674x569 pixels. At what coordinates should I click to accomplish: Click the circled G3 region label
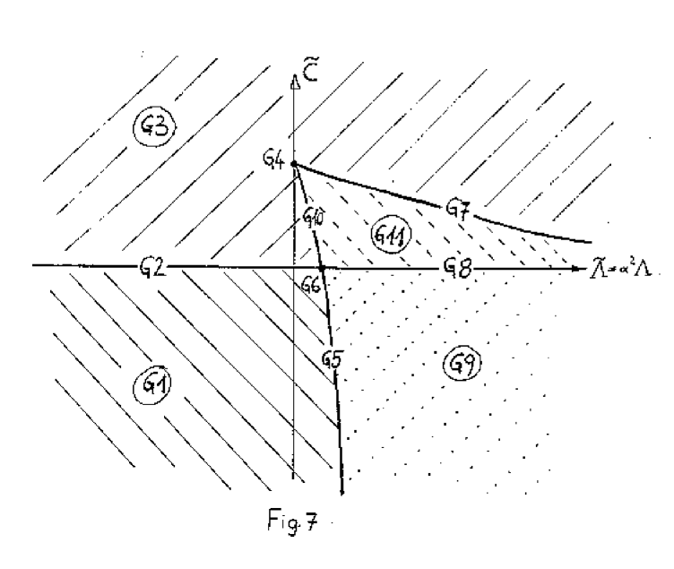coord(154,125)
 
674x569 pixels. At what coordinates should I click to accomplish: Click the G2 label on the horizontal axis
coord(151,267)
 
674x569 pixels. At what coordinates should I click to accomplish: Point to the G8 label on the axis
coord(456,267)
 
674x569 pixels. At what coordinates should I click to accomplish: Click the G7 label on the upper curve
coord(459,208)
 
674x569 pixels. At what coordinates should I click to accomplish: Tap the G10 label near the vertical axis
coord(313,216)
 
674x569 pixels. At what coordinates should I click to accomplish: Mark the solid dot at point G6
coord(322,268)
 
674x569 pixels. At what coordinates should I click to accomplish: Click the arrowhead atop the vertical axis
coord(295,81)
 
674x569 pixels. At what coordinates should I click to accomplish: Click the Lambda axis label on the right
coord(621,268)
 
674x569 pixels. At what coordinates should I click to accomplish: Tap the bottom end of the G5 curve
coord(343,491)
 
